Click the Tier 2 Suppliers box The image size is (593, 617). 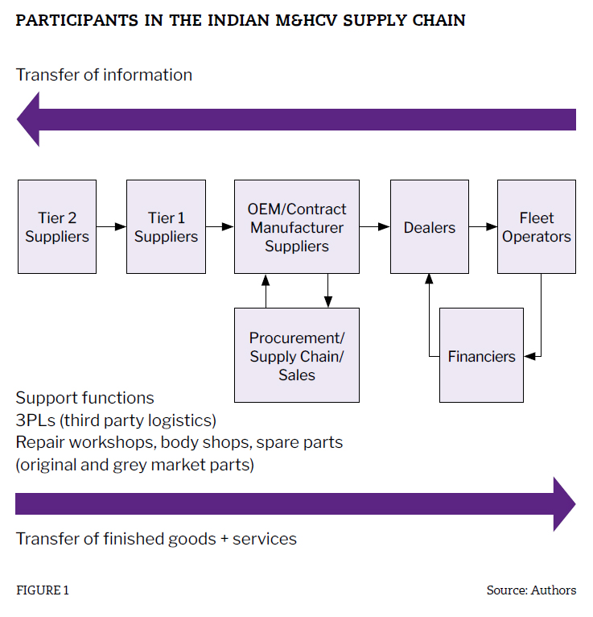(56, 226)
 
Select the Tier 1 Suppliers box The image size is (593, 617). (166, 226)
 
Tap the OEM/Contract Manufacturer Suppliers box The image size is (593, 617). (296, 226)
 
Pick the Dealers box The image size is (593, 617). (429, 226)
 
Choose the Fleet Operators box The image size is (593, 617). (536, 226)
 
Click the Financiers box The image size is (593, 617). (481, 355)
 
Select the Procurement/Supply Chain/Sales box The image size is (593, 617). (296, 355)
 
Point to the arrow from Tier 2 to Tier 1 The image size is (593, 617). (112, 227)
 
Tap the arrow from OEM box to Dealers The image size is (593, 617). (374, 227)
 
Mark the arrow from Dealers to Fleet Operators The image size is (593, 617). (483, 227)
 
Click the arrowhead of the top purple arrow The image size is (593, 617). (30, 119)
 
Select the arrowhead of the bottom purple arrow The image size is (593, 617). (563, 504)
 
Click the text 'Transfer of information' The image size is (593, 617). (104, 75)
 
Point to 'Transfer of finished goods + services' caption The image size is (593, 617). (156, 539)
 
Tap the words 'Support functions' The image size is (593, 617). (84, 398)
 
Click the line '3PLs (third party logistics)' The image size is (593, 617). (116, 420)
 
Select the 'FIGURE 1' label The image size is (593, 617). (43, 590)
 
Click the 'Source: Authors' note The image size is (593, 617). (531, 590)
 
